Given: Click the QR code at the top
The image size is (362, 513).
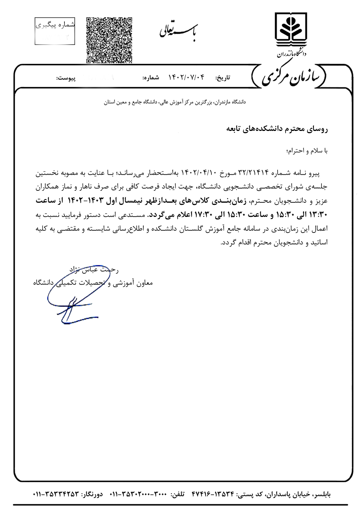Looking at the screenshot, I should [x=109, y=40].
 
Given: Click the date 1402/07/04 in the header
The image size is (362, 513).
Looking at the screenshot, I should [x=187, y=78].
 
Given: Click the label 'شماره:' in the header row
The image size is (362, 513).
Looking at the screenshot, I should [x=151, y=78].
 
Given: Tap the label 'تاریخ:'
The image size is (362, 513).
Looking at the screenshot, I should [x=223, y=78].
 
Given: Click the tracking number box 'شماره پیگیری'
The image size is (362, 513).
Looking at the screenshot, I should [x=55, y=30].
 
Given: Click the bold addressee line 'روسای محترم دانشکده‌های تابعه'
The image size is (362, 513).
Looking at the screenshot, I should [x=277, y=129].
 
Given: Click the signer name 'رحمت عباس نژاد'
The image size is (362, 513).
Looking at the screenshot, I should [x=94, y=270].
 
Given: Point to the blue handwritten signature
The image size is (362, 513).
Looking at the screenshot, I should [x=72, y=297].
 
